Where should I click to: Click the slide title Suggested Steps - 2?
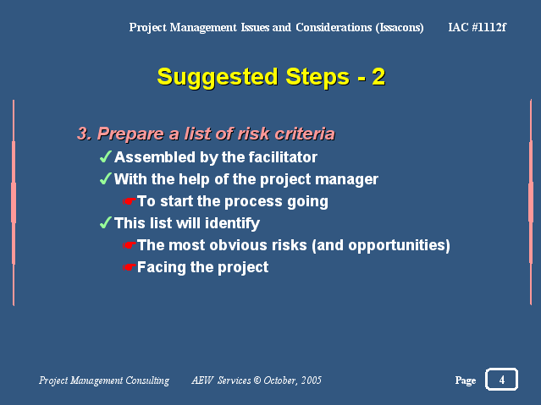271,77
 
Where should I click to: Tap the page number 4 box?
501,380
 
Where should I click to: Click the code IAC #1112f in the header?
478,27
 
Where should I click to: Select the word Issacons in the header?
400,27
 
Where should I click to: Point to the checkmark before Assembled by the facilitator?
105,156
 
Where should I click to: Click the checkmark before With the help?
105,178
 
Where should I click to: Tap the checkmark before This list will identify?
105,222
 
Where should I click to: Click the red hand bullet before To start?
129,201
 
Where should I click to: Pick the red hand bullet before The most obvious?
129,245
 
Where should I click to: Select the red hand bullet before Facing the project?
129,267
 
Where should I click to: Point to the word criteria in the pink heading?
305,134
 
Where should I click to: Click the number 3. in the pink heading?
84,134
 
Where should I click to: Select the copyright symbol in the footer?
257,380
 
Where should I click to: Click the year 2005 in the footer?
312,380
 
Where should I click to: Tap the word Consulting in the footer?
147,380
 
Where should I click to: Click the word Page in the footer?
466,380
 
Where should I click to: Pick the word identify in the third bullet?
232,223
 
